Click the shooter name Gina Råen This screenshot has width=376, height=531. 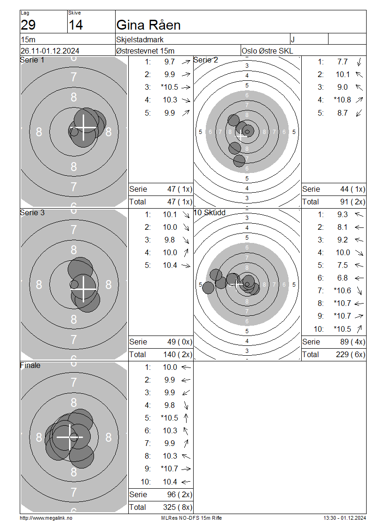click(148, 25)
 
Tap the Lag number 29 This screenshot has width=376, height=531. click(28, 25)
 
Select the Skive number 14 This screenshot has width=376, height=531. click(76, 25)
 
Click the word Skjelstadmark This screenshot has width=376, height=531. click(140, 39)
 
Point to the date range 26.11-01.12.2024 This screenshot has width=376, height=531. click(50, 51)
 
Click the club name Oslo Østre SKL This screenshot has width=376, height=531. click(267, 51)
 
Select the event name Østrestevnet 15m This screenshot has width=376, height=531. click(145, 51)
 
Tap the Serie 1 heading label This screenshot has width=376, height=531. click(32, 60)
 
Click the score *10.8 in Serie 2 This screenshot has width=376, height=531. click(342, 100)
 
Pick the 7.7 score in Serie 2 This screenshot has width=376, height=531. click(343, 62)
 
